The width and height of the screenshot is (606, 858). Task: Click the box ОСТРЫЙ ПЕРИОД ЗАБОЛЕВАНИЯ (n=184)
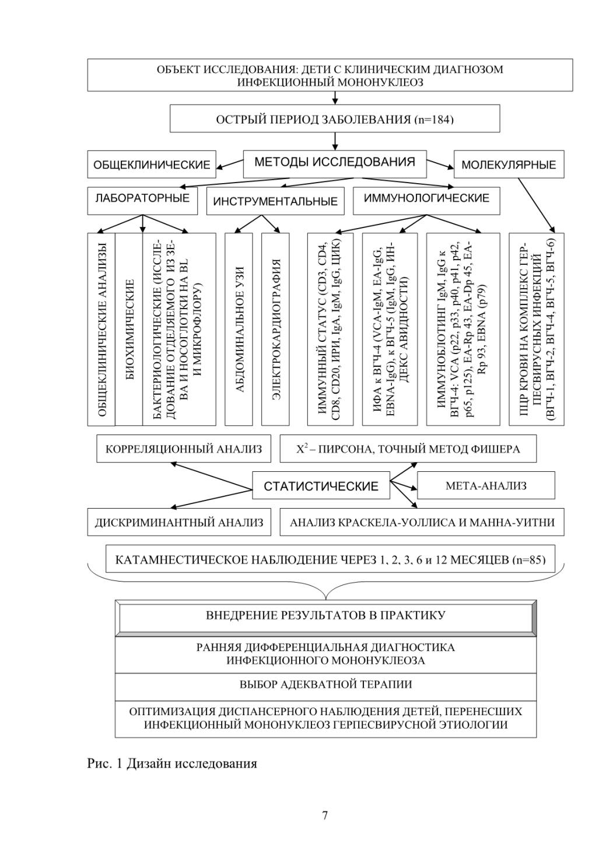coord(334,119)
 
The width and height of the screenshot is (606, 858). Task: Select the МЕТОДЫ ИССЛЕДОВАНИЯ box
coord(334,163)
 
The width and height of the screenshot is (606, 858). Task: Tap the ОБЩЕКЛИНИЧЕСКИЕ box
coord(152,164)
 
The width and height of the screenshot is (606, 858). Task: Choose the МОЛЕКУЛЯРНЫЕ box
coord(509,164)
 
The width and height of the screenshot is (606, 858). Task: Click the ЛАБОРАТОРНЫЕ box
coord(142,201)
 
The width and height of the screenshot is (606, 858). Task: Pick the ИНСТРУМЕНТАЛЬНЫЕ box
coord(275,201)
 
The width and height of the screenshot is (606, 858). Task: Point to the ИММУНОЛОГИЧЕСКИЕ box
coord(426,201)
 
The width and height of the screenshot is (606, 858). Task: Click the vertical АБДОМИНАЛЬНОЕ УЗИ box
coord(239,329)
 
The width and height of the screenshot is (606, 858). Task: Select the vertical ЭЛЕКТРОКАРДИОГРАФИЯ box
coord(275,329)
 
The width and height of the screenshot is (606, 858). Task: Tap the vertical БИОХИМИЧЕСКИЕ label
coord(130,330)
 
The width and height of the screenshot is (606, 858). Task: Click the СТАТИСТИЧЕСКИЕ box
coord(321,485)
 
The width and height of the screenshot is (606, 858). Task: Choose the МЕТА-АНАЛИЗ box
coord(486,485)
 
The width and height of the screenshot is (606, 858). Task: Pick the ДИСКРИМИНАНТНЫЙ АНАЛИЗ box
coord(179,522)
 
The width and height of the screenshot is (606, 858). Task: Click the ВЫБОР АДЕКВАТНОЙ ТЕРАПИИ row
coord(325,685)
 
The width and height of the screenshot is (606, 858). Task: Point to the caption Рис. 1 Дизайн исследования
coord(172,764)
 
